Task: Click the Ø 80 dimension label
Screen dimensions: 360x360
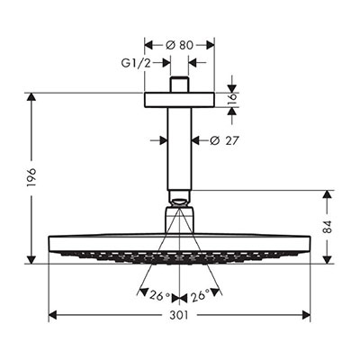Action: pyautogui.click(x=179, y=45)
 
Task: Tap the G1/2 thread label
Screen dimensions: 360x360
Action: pyautogui.click(x=136, y=63)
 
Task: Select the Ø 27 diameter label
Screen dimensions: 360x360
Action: pyautogui.click(x=224, y=140)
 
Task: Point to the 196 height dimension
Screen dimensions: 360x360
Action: pyautogui.click(x=31, y=177)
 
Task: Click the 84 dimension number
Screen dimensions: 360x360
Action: pyautogui.click(x=328, y=227)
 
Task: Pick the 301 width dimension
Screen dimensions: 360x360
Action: pyautogui.click(x=179, y=315)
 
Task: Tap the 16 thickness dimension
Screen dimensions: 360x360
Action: pyautogui.click(x=232, y=100)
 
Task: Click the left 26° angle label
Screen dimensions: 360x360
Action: pyautogui.click(x=160, y=296)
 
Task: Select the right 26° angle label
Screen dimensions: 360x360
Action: pyautogui.click(x=199, y=295)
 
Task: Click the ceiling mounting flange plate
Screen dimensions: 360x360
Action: pyautogui.click(x=179, y=100)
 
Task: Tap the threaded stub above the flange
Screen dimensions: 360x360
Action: pyautogui.click(x=179, y=85)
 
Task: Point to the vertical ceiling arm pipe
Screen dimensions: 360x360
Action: pyautogui.click(x=179, y=148)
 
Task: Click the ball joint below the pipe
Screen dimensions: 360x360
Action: pyautogui.click(x=179, y=199)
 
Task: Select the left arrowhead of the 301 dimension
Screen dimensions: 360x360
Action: pyautogui.click(x=52, y=315)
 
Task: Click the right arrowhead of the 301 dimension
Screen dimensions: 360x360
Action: pyautogui.click(x=306, y=315)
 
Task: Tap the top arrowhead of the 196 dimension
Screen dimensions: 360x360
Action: pyautogui.click(x=31, y=97)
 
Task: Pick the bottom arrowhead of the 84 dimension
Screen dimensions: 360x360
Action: pyautogui.click(x=328, y=260)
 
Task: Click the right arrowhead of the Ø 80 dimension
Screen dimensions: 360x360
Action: pyautogui.click(x=211, y=45)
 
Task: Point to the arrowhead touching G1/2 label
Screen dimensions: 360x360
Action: pyautogui.click(x=166, y=63)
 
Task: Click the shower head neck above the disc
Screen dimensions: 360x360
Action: pyautogui.click(x=179, y=220)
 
